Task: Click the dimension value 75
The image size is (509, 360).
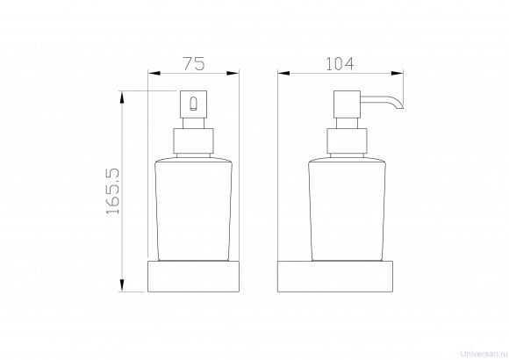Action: [194, 64]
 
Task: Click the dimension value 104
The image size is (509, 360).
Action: [340, 64]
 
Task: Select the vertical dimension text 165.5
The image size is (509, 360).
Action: [113, 191]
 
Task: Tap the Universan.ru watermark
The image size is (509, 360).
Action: [484, 354]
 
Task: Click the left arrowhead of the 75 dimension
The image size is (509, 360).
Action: [154, 74]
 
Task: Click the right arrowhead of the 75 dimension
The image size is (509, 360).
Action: [233, 74]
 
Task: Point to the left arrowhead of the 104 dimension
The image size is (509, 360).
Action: [283, 74]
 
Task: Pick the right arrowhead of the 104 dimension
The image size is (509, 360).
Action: [397, 74]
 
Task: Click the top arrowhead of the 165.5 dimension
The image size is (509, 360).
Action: [122, 97]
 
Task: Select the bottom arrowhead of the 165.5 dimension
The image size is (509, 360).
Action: [122, 285]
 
